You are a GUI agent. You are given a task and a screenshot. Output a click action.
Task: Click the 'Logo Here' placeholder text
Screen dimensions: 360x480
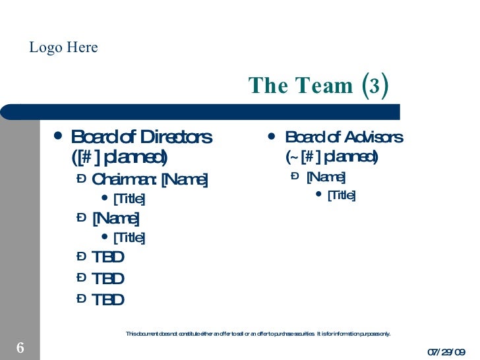tap(64, 47)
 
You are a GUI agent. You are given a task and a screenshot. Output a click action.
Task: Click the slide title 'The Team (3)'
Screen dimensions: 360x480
tap(318, 85)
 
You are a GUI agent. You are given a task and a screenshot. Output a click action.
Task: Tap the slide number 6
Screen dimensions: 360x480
tap(20, 347)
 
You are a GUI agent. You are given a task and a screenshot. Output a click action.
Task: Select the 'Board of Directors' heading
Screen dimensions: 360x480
tap(141, 137)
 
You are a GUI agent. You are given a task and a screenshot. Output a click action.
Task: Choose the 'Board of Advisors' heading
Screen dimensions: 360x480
tap(344, 137)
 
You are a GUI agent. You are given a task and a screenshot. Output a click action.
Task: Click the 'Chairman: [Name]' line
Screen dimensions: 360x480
tap(150, 179)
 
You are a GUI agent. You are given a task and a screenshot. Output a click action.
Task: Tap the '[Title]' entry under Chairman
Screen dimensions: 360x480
tap(129, 198)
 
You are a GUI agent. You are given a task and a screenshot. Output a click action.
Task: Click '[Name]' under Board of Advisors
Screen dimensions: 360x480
tap(326, 177)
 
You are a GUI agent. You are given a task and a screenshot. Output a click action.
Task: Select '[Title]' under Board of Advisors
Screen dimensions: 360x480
tap(342, 195)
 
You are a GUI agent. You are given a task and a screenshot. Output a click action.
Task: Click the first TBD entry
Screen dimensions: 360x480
tap(108, 257)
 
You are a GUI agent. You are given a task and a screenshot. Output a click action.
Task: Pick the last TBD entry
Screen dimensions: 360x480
tap(108, 300)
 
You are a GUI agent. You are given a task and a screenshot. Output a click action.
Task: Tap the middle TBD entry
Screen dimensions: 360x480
tap(108, 279)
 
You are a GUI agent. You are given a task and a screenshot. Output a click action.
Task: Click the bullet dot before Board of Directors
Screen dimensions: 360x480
tap(59, 136)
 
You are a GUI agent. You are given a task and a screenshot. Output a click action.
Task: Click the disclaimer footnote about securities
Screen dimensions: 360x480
tap(258, 334)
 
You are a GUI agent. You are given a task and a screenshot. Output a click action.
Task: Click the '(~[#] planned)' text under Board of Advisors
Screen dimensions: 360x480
tap(331, 157)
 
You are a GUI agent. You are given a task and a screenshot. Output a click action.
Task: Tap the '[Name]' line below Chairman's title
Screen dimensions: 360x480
tap(115, 218)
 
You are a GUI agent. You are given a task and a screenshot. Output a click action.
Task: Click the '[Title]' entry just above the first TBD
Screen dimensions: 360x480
tap(129, 237)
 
